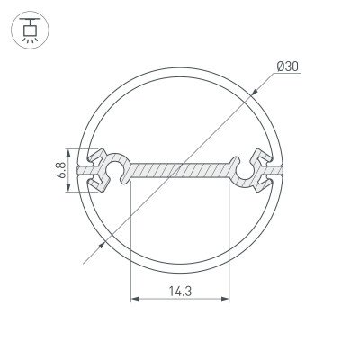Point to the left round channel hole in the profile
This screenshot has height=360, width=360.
(115, 169)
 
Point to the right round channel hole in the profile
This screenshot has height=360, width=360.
(245, 169)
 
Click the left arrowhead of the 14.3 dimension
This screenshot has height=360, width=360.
(136, 298)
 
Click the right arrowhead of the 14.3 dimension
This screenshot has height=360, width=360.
(226, 298)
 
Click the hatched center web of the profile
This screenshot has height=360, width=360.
(180, 170)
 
